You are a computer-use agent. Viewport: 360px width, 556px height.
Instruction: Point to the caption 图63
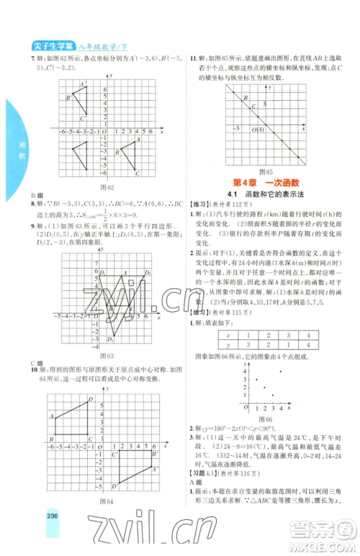[x=108, y=357]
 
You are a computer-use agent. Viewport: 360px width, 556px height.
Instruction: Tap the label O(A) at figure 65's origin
[x=256, y=130]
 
